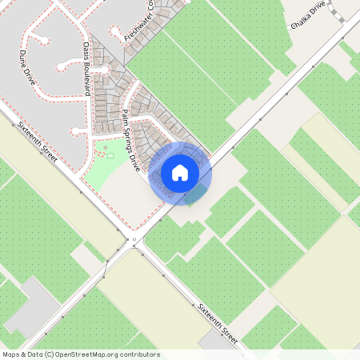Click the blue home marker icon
pos(180,172)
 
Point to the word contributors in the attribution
pos(138,354)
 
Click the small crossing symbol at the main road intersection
pos(134,239)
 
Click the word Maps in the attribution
pos(12,354)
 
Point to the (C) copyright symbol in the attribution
pos(50,354)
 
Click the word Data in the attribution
pos(34,354)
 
